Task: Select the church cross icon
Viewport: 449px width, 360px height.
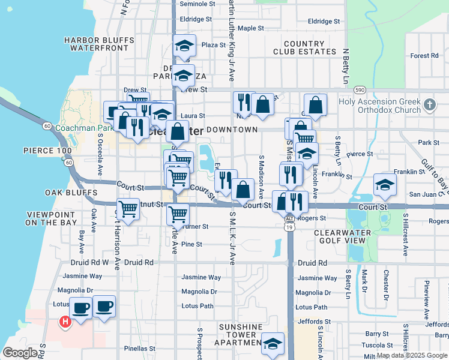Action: coord(429,105)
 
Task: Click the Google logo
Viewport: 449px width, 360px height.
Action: coord(21,353)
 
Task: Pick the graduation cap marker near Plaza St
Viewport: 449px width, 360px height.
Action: coord(185,46)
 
